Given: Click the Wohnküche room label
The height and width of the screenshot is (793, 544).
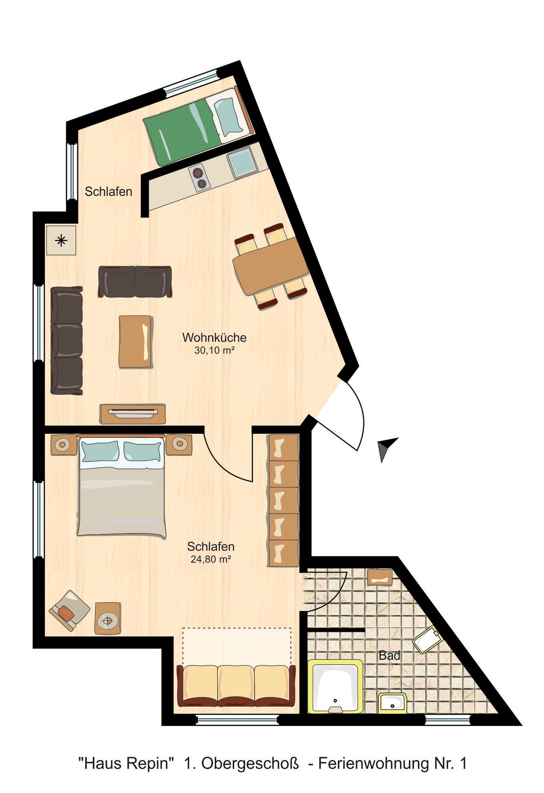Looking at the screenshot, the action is tap(214, 338).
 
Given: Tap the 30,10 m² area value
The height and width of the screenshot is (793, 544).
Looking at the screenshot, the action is tap(214, 350).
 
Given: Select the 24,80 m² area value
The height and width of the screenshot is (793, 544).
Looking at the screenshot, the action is tap(211, 559).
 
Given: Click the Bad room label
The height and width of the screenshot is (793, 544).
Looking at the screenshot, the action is tap(389, 655).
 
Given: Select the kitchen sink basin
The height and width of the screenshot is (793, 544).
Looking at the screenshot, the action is tap(242, 162).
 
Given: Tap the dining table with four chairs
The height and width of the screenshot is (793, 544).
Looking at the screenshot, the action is tap(271, 267).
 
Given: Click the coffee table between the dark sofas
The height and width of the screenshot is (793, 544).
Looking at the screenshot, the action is tap(135, 342).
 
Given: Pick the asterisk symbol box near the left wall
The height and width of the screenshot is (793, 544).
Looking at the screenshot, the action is tap(61, 240).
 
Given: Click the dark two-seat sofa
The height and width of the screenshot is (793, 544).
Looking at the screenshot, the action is tap(135, 282).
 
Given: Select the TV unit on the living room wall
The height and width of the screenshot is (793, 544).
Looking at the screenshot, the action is tap(133, 414).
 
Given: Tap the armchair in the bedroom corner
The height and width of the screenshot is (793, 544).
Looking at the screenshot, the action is tap(69, 610).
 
